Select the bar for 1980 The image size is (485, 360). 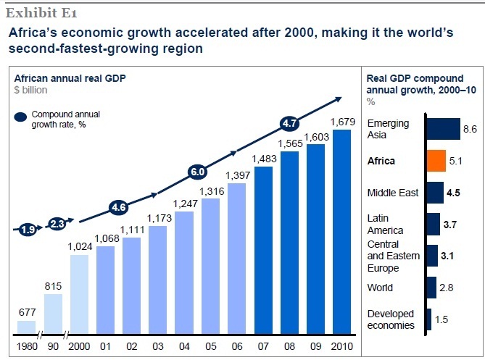tap(26, 327)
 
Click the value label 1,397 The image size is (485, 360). tap(236, 175)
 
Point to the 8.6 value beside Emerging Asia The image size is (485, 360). tap(470, 129)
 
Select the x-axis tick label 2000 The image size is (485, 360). tap(80, 347)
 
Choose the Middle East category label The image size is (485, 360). tap(391, 193)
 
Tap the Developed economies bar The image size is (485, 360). tap(428, 319)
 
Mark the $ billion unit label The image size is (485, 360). tap(30, 91)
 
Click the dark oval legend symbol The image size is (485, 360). tap(20, 116)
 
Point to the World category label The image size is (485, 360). tap(380, 288)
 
